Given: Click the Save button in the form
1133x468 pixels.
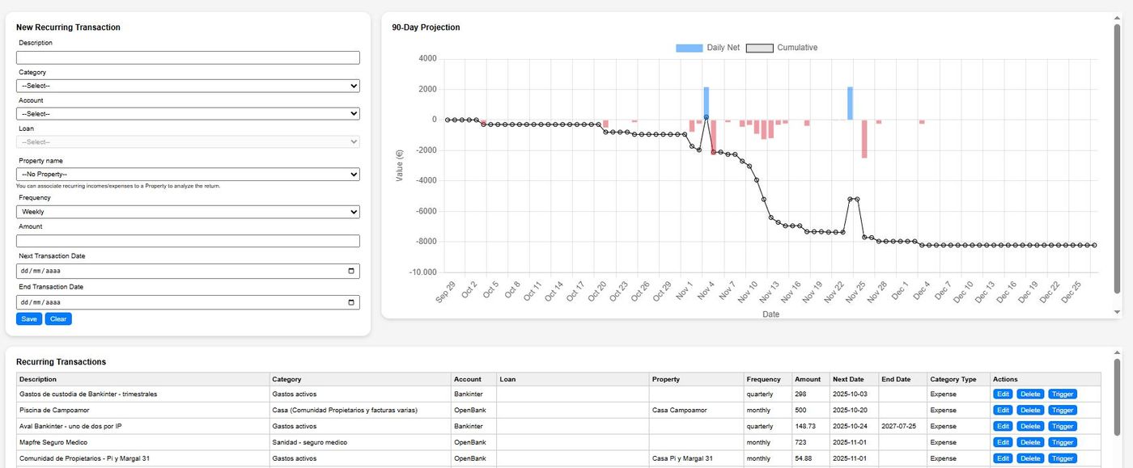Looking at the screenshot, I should tap(29, 319).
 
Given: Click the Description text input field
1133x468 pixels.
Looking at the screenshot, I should tap(188, 58).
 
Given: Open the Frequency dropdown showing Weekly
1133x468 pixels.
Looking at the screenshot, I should tap(188, 212).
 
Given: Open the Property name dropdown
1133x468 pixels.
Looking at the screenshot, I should tap(188, 175).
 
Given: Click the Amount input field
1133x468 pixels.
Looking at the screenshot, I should tap(188, 242).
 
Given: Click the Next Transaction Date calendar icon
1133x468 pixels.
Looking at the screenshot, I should tap(350, 272).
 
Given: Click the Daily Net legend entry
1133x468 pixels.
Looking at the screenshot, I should tap(708, 48).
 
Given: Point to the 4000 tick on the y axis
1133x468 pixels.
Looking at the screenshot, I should tap(427, 59).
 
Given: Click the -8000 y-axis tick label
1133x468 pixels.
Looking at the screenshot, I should tap(425, 242).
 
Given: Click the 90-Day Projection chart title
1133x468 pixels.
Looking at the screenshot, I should tap(426, 27).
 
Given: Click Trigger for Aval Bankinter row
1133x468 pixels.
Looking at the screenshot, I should tap(1063, 427).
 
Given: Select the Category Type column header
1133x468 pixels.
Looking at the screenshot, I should tap(953, 379).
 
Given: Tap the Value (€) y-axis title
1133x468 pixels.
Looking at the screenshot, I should tap(400, 165).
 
